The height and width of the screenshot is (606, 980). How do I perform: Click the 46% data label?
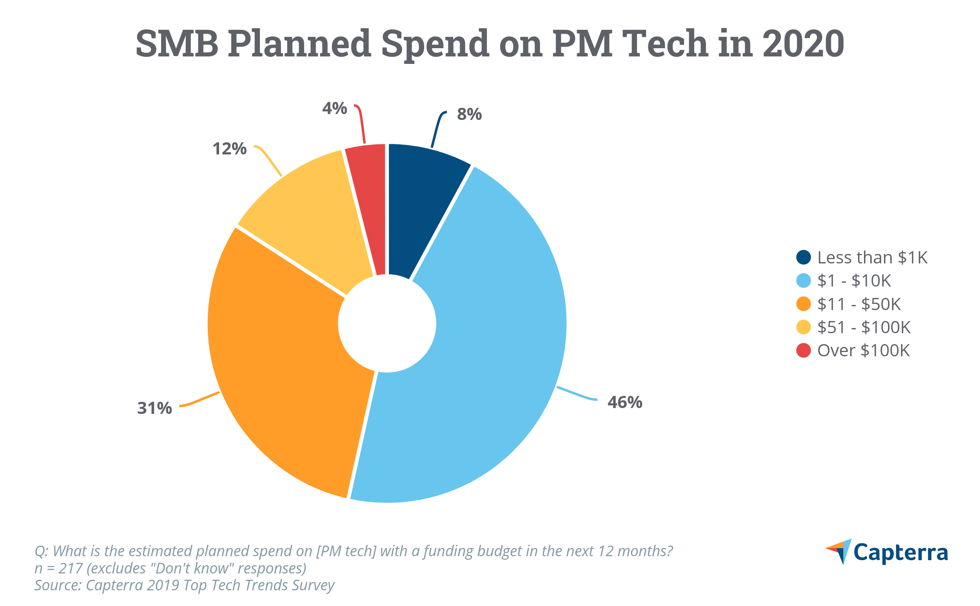(624, 403)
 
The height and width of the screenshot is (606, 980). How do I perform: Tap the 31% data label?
(154, 408)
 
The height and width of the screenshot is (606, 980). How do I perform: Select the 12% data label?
(229, 149)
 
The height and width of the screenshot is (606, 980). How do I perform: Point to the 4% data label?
(334, 108)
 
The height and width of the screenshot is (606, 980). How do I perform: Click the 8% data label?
(469, 114)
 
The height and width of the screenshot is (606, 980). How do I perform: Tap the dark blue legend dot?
(803, 257)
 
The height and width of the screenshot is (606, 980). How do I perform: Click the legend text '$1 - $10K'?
(854, 281)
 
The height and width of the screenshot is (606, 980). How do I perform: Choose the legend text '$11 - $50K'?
(858, 304)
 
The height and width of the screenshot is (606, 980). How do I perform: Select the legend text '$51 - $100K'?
(863, 327)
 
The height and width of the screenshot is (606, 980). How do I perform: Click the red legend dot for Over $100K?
(803, 350)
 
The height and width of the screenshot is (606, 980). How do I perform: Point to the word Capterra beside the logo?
(900, 553)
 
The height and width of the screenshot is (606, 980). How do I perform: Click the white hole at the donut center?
(387, 323)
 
